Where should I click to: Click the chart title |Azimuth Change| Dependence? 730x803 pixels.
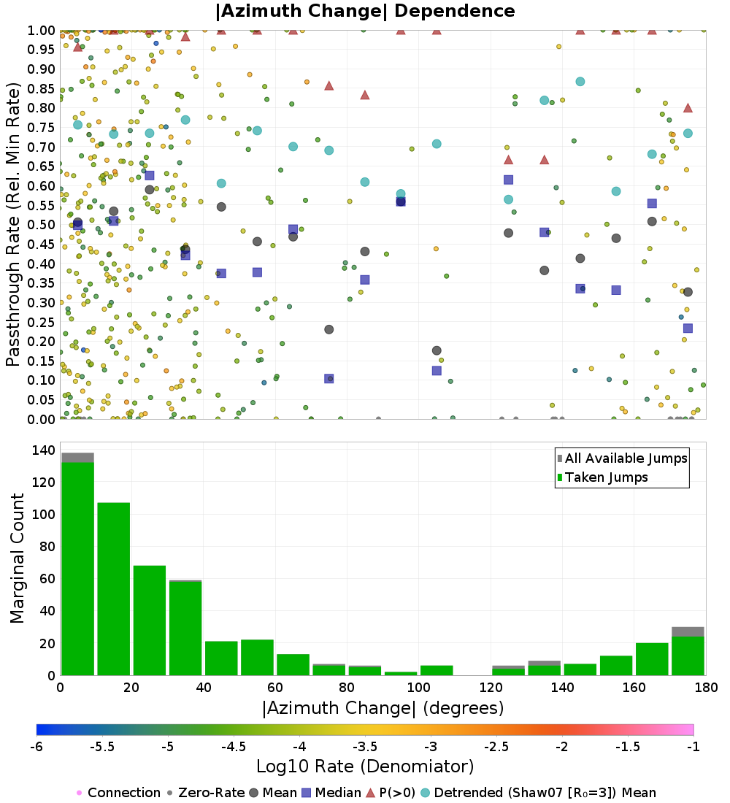tap(365, 11)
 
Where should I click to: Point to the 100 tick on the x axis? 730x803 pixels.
tap(418, 688)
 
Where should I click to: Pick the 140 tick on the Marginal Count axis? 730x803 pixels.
tap(44, 450)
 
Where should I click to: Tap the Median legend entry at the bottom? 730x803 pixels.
tap(333, 793)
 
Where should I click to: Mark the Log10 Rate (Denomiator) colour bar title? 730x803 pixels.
tap(365, 766)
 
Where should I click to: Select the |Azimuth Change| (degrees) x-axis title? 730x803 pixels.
tap(383, 708)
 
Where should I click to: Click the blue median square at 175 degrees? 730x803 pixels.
tap(688, 328)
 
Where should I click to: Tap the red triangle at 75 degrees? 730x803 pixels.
tap(329, 85)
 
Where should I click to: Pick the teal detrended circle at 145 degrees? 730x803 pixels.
tap(580, 82)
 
